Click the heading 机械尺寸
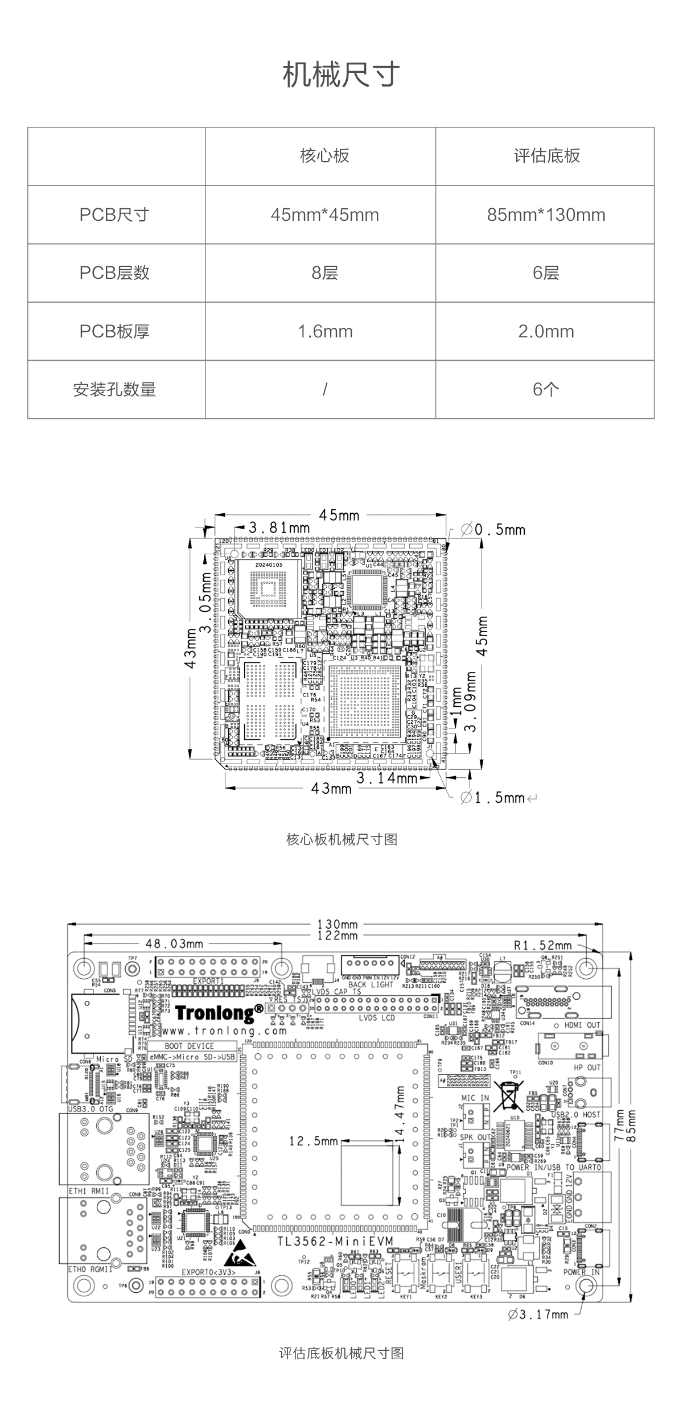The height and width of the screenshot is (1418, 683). click(x=341, y=75)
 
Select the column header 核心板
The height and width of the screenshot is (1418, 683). click(x=324, y=156)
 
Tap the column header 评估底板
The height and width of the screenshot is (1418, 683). click(x=546, y=156)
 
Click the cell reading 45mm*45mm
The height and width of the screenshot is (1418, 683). click(x=324, y=215)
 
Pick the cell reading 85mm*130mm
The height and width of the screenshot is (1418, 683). click(x=546, y=215)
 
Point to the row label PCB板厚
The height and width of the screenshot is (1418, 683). click(x=114, y=331)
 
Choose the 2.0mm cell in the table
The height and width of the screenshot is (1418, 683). click(x=546, y=331)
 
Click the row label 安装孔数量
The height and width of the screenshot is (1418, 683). click(x=114, y=390)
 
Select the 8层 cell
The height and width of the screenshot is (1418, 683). click(x=324, y=273)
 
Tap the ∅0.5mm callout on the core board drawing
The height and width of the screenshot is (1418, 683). click(x=492, y=530)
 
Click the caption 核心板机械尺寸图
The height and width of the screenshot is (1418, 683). click(x=341, y=839)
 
